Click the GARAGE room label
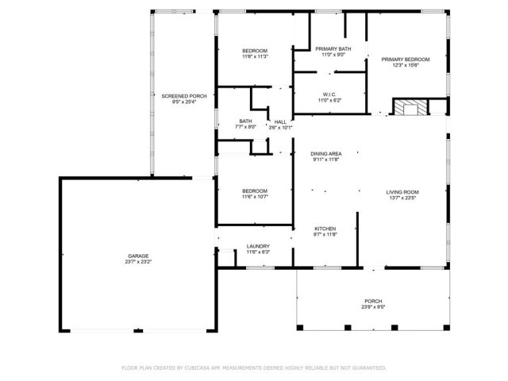pyautogui.click(x=138, y=256)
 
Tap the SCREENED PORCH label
pyautogui.click(x=184, y=96)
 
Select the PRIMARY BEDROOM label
pyautogui.click(x=406, y=60)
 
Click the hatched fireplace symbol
pyautogui.click(x=410, y=108)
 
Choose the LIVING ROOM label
pyautogui.click(x=402, y=192)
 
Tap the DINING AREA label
pyautogui.click(x=326, y=154)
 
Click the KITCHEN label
pyautogui.click(x=325, y=229)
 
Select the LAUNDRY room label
pyautogui.click(x=258, y=246)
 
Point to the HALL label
pyautogui.click(x=280, y=121)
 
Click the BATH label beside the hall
pyautogui.click(x=245, y=121)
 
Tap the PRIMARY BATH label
pyautogui.click(x=333, y=49)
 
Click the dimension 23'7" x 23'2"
pyautogui.click(x=138, y=262)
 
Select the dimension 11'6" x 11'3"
pyautogui.click(x=256, y=56)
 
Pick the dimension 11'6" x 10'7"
pyautogui.click(x=256, y=197)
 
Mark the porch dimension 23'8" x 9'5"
pyautogui.click(x=373, y=307)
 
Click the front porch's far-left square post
pyautogui.click(x=300, y=328)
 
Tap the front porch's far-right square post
pyautogui.click(x=446, y=328)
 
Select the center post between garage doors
pyautogui.click(x=138, y=331)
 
